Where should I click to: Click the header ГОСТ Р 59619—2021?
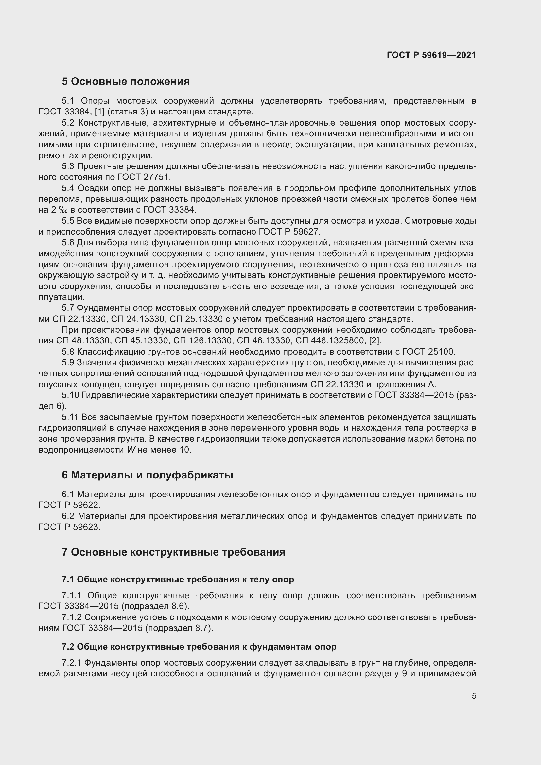(431, 55)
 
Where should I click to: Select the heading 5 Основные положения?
(126, 82)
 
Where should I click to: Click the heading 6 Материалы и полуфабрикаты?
(147, 475)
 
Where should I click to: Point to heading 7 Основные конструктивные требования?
(173, 552)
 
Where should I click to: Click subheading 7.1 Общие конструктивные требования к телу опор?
(178, 580)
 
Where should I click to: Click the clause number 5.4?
(68, 189)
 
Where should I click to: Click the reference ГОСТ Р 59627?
(289, 232)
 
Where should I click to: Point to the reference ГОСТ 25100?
(428, 352)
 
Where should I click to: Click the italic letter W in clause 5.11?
(131, 450)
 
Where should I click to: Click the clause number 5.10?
(70, 395)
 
